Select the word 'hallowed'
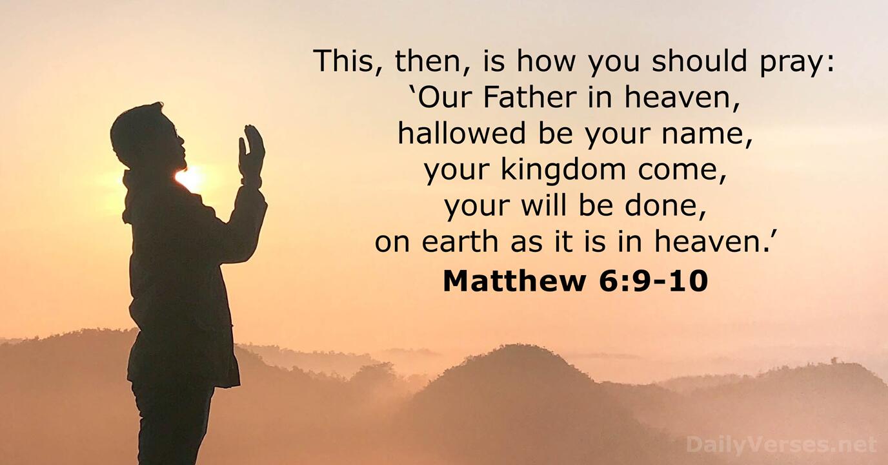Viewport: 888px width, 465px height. click(463, 133)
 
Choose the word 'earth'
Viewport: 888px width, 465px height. click(460, 242)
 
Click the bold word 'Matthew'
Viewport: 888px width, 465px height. click(514, 281)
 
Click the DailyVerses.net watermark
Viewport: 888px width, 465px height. click(782, 444)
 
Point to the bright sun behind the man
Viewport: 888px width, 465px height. click(190, 178)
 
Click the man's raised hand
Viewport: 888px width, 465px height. click(251, 154)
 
